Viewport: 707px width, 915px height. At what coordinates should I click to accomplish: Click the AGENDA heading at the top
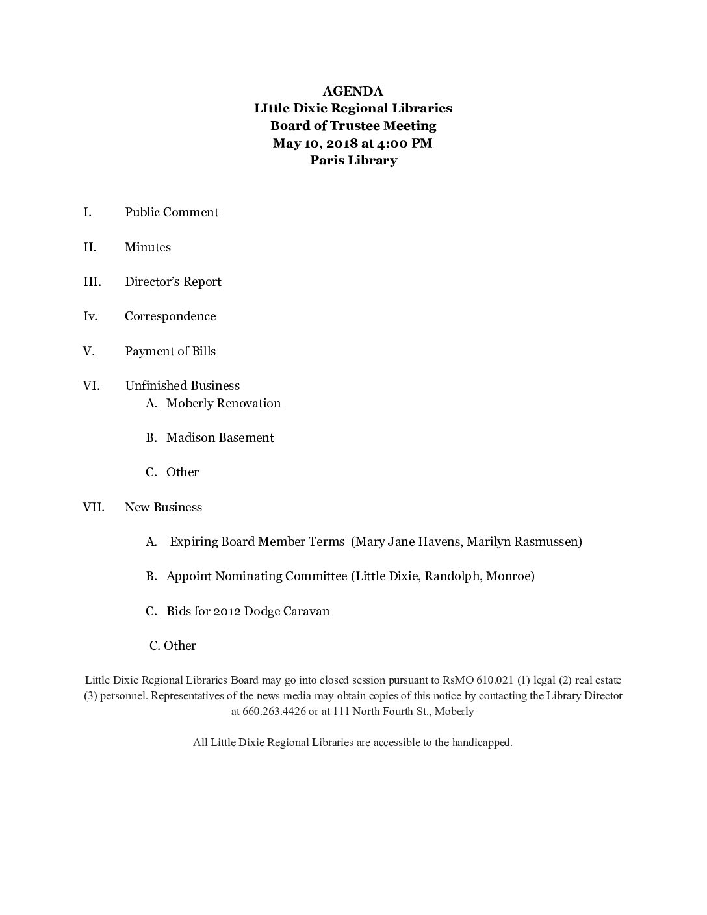pos(353,91)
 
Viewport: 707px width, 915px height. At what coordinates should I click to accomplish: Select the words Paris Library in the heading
pos(353,160)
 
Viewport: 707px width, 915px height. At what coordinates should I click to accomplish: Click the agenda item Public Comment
pos(172,213)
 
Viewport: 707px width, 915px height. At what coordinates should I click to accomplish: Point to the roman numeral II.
pos(90,247)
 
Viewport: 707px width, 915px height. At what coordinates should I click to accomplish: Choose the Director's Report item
pos(173,282)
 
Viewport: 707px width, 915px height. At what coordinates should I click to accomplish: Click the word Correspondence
pos(170,316)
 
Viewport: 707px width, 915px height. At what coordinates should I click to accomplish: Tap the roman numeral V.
pos(89,351)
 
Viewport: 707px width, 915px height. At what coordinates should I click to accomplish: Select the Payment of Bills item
pos(170,351)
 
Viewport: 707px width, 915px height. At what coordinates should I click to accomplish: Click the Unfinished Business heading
pos(182,386)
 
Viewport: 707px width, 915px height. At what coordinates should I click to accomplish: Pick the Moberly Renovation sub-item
pos(224,403)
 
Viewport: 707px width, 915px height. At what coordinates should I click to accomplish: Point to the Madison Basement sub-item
pos(220,438)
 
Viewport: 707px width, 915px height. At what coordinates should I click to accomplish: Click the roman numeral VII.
pos(94,507)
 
